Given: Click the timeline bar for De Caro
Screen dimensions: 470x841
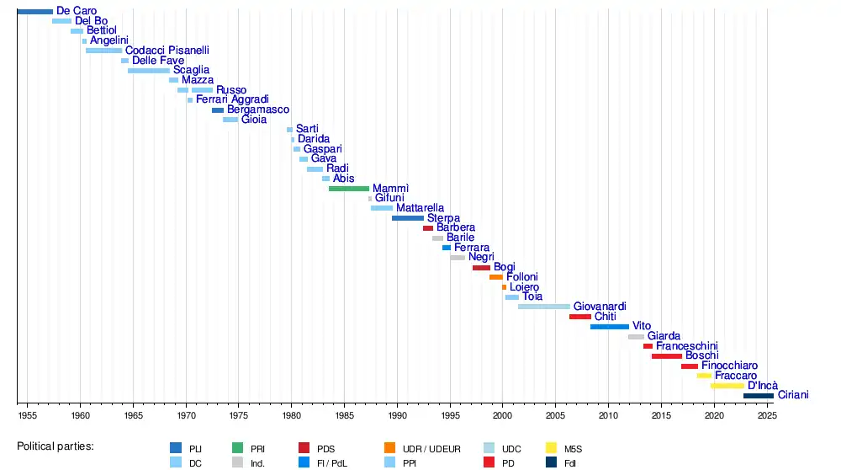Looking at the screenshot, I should (34, 11).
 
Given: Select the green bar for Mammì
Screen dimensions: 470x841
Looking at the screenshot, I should (349, 189).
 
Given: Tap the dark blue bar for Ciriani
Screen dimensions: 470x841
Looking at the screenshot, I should (758, 395).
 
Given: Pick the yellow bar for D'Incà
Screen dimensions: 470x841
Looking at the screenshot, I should (727, 386).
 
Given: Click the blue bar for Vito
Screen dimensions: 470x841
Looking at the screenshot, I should (609, 327).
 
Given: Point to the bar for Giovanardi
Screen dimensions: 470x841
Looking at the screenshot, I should (543, 307).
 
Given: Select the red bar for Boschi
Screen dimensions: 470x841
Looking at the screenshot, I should (666, 356).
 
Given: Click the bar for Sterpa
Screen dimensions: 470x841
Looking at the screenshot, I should (408, 218).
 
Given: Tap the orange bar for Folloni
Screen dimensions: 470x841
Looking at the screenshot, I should (496, 277).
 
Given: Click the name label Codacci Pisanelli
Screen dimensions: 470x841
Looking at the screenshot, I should (167, 51).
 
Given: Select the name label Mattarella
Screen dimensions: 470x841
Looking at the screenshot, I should (420, 208).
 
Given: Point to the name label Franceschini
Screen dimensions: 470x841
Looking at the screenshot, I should (687, 346).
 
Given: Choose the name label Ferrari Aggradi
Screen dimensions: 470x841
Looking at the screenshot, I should (232, 99).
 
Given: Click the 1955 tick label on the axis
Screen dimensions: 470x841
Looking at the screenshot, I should (27, 415).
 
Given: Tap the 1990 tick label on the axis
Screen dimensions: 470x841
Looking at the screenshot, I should (397, 415).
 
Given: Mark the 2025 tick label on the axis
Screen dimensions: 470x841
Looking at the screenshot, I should (766, 415).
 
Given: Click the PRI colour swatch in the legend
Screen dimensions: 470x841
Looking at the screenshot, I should (237, 448).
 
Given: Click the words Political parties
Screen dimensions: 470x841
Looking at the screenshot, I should (55, 446).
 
